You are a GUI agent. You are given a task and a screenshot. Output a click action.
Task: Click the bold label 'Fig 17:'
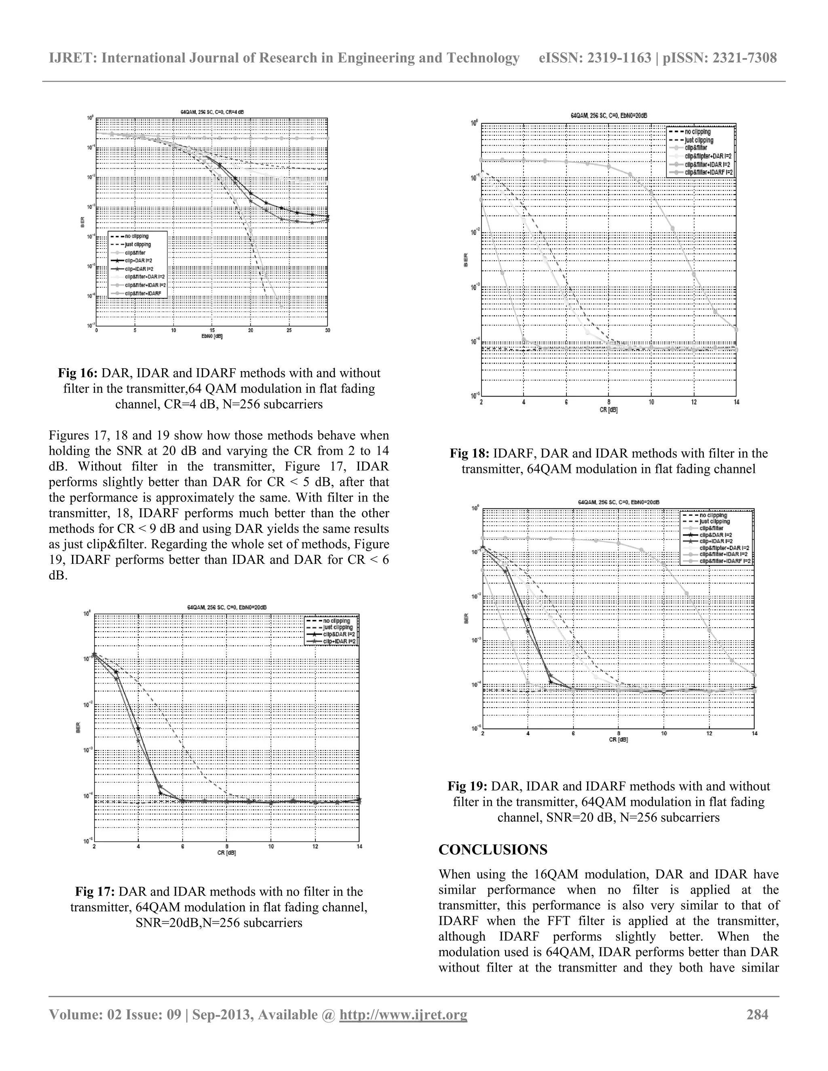point(95,892)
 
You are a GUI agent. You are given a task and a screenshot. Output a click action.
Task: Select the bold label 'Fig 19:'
point(467,786)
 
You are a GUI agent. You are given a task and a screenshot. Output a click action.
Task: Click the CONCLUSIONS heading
point(493,850)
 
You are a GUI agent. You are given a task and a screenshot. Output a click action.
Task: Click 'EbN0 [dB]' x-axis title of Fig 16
point(212,337)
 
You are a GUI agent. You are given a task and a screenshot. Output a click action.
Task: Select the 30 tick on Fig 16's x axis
point(327,331)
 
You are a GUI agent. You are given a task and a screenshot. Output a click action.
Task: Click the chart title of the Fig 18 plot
point(608,116)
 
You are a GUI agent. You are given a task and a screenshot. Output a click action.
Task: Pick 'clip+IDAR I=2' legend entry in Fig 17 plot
point(339,641)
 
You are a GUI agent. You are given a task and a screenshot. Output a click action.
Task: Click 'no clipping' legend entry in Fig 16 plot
point(136,236)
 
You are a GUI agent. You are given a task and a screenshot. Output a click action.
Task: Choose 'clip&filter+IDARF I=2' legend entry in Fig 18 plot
point(708,173)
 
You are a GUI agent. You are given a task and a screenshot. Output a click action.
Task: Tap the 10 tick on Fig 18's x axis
point(651,402)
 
